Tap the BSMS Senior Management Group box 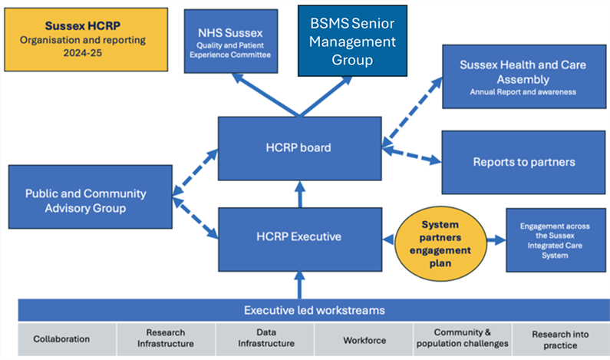coord(353,40)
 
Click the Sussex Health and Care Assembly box coord(524,76)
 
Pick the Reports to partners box coord(524,161)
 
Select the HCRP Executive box coord(299,237)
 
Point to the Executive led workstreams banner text coord(314,310)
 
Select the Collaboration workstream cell coord(61,339)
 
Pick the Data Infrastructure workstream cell coord(265,339)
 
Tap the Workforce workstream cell coord(364,339)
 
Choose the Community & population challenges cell coord(463,339)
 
